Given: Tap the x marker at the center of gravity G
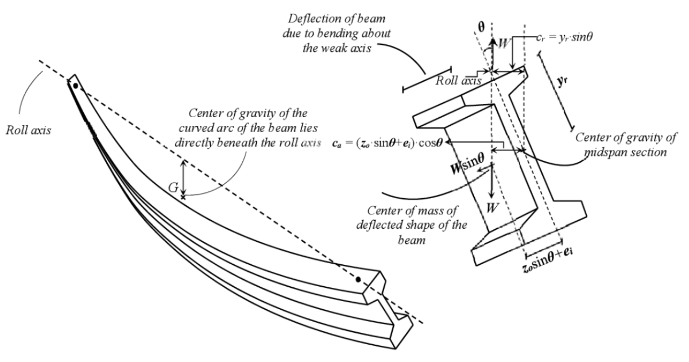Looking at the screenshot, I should click(x=183, y=197).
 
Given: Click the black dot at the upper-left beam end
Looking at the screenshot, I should click(x=75, y=86).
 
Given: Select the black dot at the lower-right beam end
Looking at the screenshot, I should click(x=358, y=280).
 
